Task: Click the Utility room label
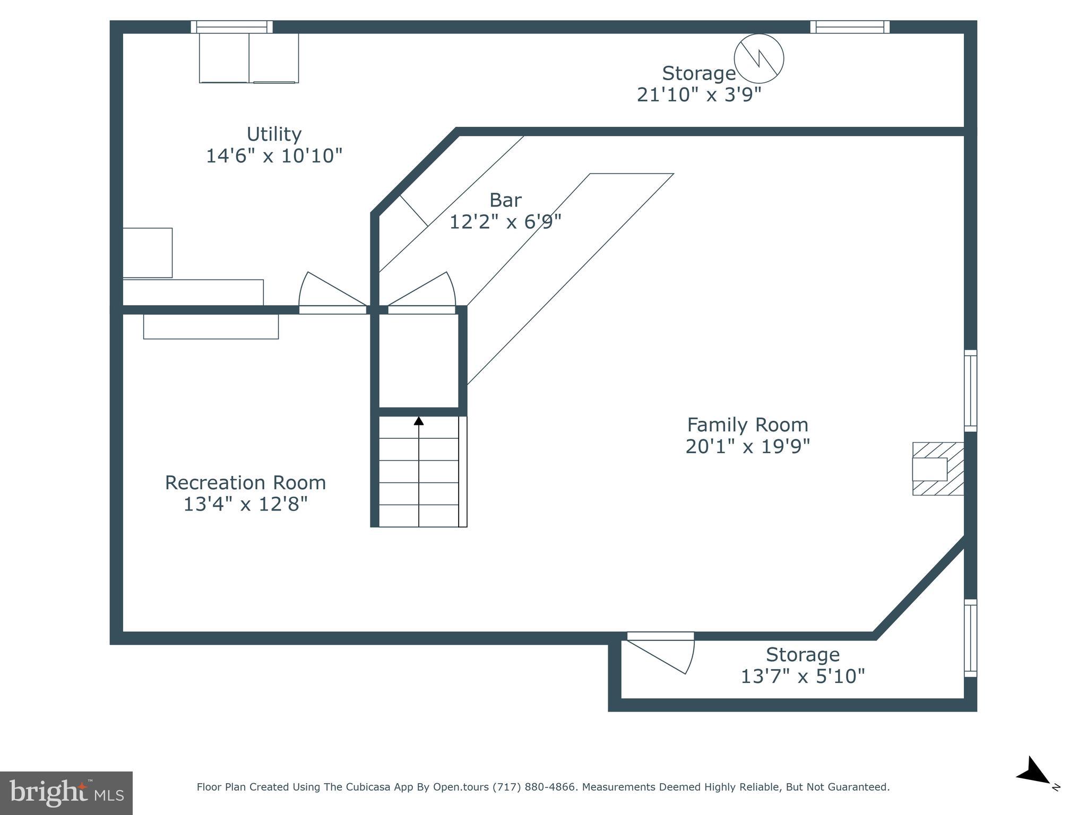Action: tap(274, 134)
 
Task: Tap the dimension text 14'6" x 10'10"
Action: tap(274, 156)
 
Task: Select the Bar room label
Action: tap(505, 200)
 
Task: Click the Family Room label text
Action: tap(747, 424)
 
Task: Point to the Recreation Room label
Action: tap(245, 482)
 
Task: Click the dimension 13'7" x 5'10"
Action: tap(803, 676)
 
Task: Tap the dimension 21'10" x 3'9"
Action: tap(699, 94)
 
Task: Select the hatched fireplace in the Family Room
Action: tap(938, 469)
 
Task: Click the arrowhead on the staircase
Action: tap(419, 421)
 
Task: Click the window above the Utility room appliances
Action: tap(231, 27)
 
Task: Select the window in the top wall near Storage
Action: tap(849, 27)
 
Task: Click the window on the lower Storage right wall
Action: tap(970, 638)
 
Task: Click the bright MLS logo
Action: tap(66, 793)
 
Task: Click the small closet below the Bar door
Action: tap(419, 361)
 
